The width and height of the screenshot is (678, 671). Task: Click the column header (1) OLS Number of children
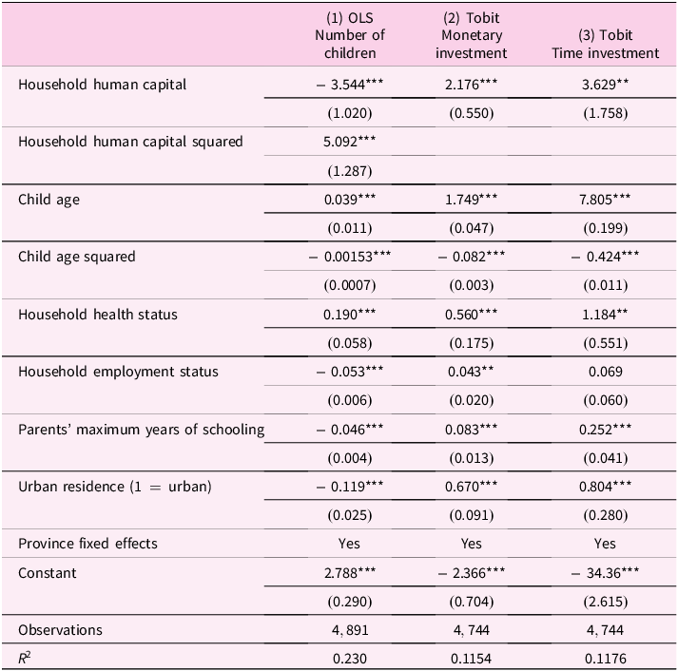350,35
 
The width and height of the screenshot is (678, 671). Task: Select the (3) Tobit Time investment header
605,44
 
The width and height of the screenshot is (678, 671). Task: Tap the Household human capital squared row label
130,142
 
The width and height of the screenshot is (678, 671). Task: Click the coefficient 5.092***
350,142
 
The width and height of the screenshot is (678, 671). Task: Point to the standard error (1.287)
350,171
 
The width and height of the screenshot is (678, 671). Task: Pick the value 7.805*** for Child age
605,200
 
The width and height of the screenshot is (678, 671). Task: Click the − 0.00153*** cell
350,257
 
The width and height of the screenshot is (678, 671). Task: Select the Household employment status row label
118,372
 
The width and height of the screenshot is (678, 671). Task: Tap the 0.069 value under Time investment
606,372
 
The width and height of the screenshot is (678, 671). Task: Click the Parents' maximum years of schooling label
141,430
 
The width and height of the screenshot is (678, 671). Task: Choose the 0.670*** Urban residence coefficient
472,487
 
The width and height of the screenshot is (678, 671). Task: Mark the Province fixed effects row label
87,544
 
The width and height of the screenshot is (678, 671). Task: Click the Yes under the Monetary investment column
472,544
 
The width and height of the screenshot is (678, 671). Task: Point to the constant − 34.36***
605,573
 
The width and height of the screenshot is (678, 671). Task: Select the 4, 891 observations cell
350,630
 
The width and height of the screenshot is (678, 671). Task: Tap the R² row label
24,658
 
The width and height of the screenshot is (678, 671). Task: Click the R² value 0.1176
606,659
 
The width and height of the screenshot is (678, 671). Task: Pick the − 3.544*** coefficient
350,85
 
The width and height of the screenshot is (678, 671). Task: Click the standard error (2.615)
606,602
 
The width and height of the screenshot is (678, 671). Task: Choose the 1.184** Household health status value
605,314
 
